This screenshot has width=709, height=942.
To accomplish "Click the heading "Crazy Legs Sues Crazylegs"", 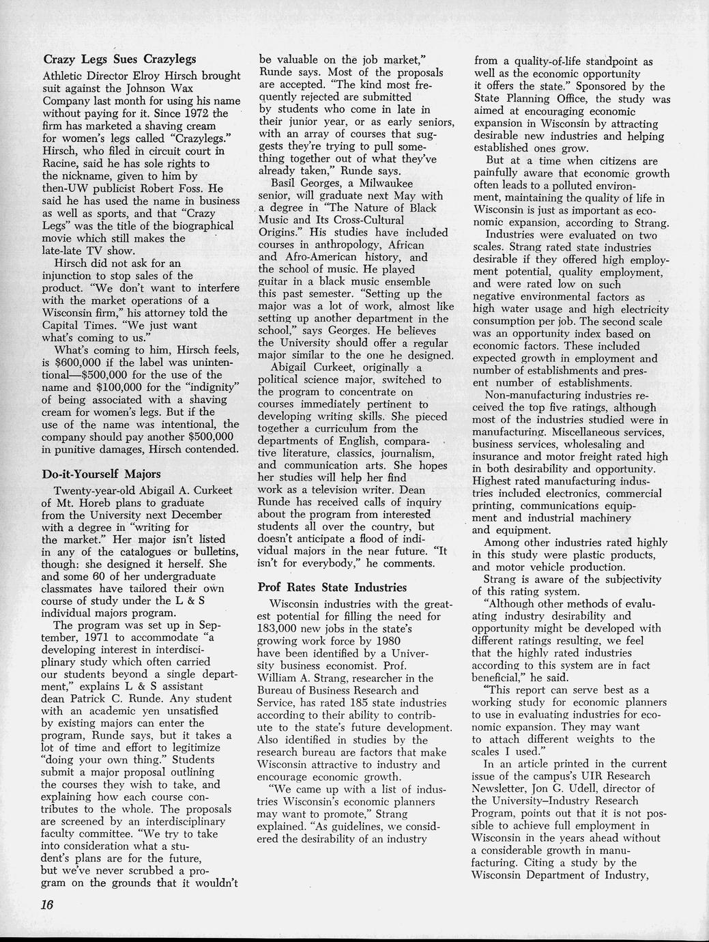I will click(119, 59).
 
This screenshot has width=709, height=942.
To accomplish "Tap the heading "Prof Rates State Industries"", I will click(332, 587).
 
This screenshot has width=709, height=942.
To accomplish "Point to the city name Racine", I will click(62, 163).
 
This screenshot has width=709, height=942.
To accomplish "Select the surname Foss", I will click(188, 188).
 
